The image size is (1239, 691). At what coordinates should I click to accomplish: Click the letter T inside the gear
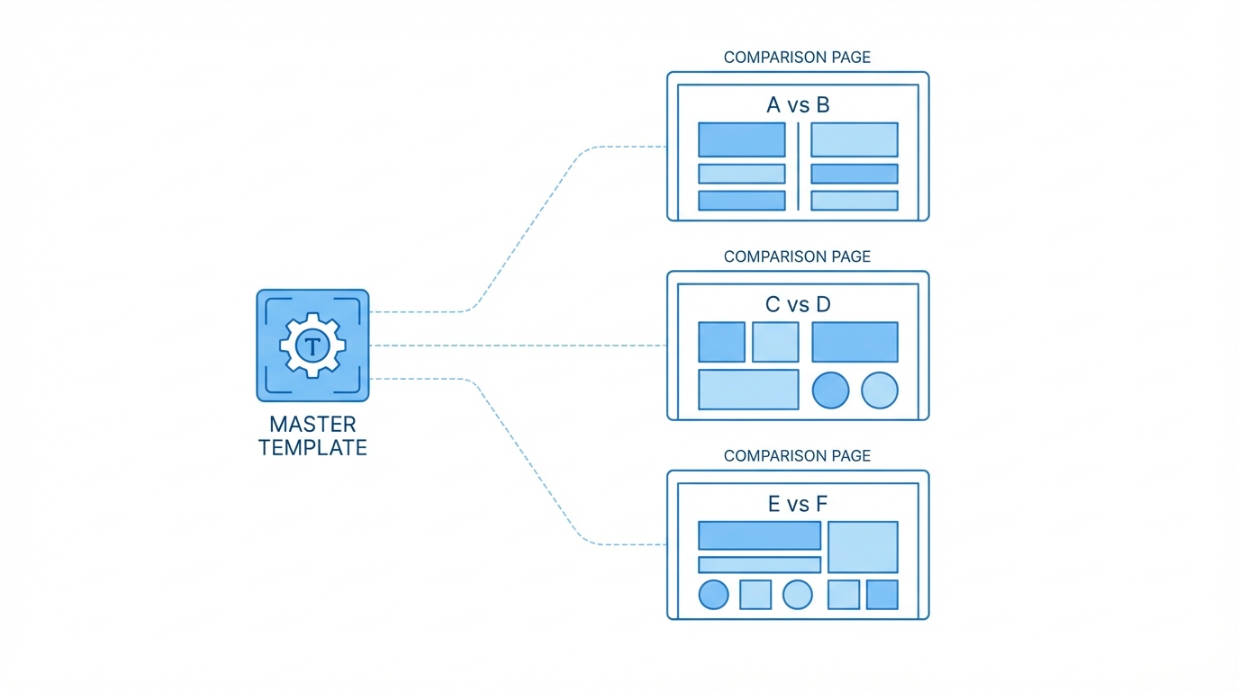[312, 345]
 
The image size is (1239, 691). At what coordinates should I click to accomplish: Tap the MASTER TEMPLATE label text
[312, 435]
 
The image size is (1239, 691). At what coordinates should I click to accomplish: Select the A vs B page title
[798, 105]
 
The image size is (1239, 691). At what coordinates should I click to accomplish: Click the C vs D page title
[798, 305]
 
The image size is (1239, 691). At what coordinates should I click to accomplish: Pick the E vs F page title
[798, 504]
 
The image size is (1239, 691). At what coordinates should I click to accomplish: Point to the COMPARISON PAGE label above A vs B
[797, 58]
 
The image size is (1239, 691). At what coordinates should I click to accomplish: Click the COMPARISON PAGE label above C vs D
[797, 257]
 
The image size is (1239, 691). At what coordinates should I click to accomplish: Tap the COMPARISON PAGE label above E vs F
[797, 456]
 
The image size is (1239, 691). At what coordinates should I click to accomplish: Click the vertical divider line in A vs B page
[798, 166]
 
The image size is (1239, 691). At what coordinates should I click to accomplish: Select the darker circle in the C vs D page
[830, 390]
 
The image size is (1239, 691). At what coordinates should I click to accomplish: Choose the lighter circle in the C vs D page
[880, 390]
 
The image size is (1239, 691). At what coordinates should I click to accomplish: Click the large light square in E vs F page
[863, 546]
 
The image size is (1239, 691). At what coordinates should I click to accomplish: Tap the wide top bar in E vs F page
[759, 535]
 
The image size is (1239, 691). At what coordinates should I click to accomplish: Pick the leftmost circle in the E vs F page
[713, 595]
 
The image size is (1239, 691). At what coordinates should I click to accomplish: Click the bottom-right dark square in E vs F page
[882, 595]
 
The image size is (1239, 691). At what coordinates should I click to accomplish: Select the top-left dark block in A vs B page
[741, 139]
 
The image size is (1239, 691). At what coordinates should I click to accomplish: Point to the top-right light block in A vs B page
[854, 139]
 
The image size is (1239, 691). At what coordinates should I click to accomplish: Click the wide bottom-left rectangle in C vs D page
[748, 390]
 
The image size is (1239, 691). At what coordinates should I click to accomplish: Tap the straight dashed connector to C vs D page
[518, 345]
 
